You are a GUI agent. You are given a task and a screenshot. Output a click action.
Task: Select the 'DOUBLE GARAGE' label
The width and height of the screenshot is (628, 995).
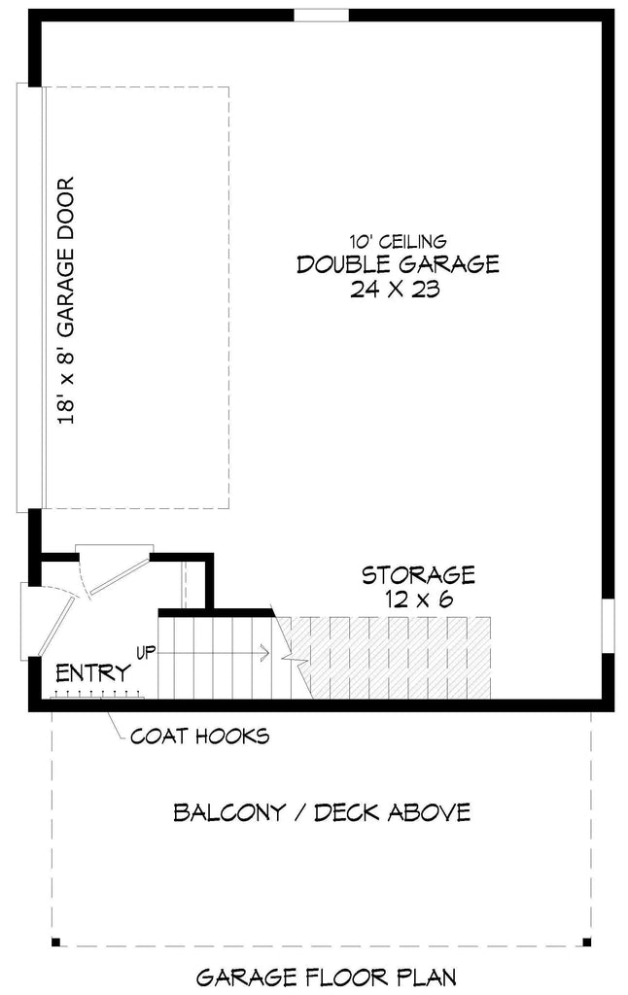click(398, 264)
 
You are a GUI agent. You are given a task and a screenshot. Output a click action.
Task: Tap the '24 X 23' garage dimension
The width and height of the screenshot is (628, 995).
click(398, 290)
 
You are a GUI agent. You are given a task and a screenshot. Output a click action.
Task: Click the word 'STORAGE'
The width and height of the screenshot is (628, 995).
click(419, 575)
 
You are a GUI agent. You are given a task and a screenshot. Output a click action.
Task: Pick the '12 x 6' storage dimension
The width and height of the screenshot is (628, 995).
click(419, 600)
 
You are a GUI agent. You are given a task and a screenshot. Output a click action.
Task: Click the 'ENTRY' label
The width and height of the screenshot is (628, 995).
click(93, 673)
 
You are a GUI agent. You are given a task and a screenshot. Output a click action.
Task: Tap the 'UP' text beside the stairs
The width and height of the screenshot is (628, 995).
click(146, 651)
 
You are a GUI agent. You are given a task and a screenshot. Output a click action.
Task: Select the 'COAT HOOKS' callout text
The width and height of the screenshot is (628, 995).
click(199, 736)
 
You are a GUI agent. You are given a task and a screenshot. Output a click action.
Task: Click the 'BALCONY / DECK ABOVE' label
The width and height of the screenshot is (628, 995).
click(322, 812)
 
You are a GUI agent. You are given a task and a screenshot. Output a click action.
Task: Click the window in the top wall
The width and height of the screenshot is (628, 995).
click(321, 15)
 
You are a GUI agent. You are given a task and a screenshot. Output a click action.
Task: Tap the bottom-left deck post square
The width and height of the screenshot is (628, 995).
click(55, 942)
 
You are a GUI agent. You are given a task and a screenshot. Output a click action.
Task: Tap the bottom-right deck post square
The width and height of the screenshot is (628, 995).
click(586, 942)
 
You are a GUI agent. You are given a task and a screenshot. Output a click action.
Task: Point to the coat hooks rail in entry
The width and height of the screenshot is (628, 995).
click(97, 695)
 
